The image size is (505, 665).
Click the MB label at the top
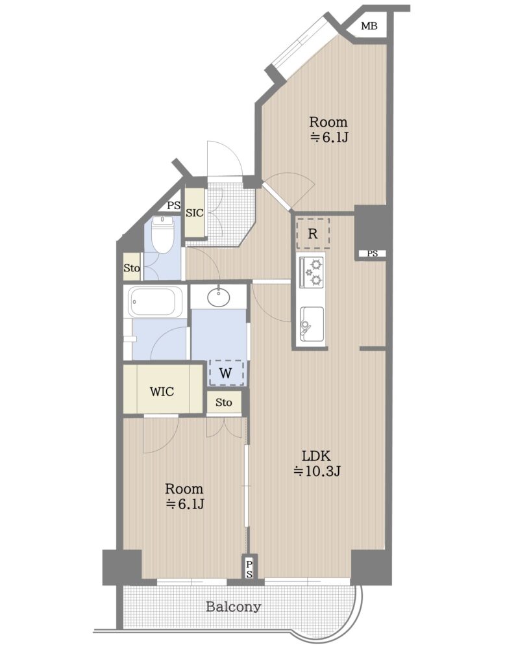tap(369, 26)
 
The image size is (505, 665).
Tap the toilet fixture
tap(162, 234)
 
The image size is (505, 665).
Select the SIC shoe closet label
tap(195, 213)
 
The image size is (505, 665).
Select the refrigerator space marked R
tap(313, 233)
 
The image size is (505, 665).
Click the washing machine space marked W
tap(226, 373)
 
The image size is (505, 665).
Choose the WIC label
tap(162, 391)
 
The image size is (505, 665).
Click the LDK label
tap(316, 456)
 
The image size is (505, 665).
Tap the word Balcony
tap(233, 607)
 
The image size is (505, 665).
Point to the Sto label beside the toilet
tap(132, 268)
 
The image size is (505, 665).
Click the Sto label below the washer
tap(224, 402)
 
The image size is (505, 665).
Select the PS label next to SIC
tap(173, 206)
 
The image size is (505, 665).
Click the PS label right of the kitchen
tap(373, 254)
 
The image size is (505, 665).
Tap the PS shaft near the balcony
tap(249, 569)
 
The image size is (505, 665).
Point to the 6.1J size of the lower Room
tap(185, 504)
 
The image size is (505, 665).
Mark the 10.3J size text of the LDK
tap(317, 471)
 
